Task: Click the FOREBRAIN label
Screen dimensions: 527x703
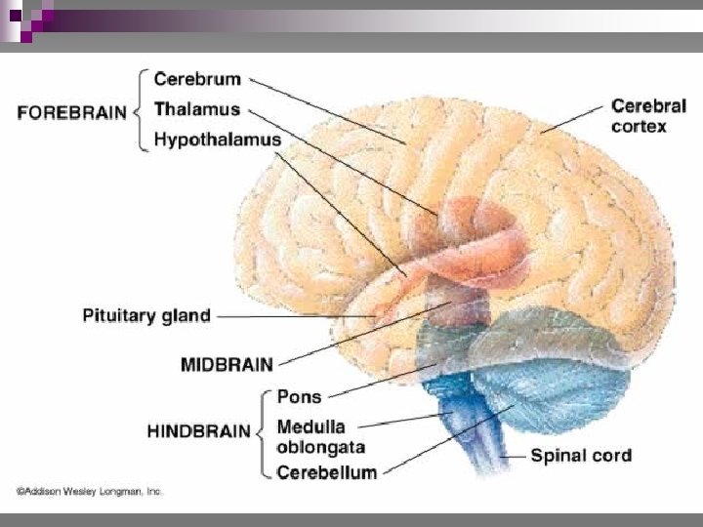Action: [72, 112]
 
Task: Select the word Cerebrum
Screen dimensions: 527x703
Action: [198, 80]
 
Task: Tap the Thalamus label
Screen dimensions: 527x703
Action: [204, 109]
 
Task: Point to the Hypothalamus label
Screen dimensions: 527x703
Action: [219, 140]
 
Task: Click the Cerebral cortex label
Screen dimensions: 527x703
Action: [647, 116]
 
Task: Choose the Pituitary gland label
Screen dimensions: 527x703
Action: [145, 315]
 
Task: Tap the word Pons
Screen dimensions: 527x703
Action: [299, 397]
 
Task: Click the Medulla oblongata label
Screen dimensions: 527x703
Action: [321, 437]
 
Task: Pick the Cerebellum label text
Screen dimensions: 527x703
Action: [327, 473]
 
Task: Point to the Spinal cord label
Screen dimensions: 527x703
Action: [581, 455]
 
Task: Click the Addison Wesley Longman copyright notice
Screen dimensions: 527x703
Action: [89, 493]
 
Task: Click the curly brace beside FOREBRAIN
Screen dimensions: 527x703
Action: [142, 110]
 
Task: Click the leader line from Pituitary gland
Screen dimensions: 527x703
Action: [293, 316]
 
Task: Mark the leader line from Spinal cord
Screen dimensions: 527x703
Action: [514, 455]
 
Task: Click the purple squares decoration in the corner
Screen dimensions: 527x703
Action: [24, 18]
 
